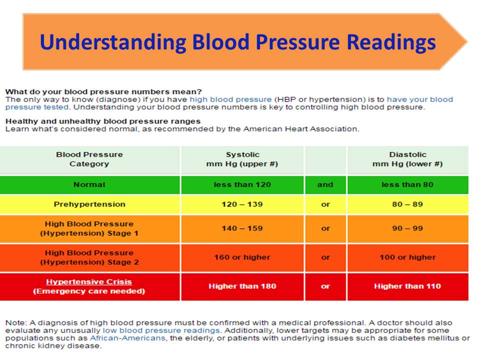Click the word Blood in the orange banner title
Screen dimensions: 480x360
tap(220, 41)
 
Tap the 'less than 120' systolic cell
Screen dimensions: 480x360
tap(242, 184)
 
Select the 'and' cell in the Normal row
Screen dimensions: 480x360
tap(325, 184)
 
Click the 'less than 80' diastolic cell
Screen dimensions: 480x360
tap(408, 184)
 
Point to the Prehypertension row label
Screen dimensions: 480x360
tap(89, 204)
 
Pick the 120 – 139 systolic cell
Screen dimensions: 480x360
tap(242, 204)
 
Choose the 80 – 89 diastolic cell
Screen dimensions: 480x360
tap(408, 204)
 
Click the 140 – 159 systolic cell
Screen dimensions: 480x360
tap(242, 228)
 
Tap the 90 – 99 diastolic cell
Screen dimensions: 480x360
tap(408, 228)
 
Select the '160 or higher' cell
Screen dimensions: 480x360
tap(242, 257)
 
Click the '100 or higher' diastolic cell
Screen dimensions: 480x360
tap(408, 257)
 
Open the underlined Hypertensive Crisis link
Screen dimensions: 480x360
tap(89, 281)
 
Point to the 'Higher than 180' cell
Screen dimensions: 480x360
tap(242, 286)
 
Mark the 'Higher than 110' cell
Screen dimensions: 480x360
tap(408, 286)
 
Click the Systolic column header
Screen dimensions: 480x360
tap(242, 159)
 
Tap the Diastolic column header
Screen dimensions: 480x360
tap(408, 159)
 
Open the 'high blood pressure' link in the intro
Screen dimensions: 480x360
tap(230, 99)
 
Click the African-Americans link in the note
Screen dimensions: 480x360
tap(127, 338)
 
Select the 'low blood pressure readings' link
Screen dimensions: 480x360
tap(161, 330)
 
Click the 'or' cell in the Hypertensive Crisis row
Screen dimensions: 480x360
tap(325, 286)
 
